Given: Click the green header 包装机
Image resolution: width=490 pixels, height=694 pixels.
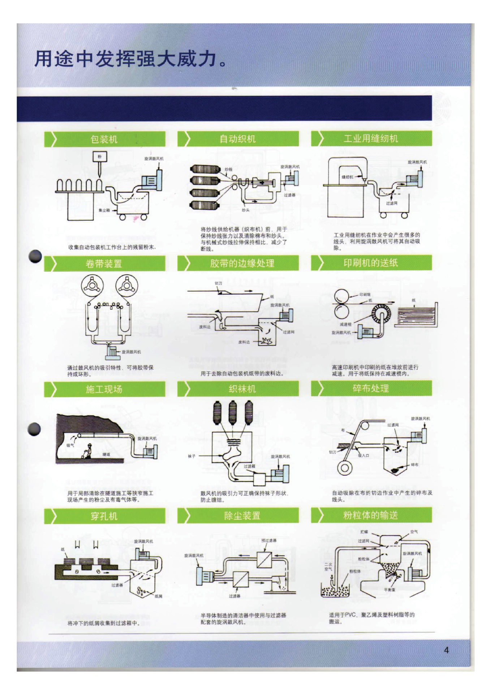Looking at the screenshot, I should pos(104,139).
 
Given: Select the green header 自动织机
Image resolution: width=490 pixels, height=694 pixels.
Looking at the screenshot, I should pos(238,139).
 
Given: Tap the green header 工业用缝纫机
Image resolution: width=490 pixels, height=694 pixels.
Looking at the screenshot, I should pos(371,138).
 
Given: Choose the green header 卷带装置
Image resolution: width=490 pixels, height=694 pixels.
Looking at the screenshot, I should pos(104,264).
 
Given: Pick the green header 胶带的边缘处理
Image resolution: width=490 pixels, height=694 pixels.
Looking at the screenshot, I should pos(238,263).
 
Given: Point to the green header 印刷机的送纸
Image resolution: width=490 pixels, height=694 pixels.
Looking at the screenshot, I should pos(371,263).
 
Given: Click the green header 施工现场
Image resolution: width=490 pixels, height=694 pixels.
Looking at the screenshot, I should pos(104,389).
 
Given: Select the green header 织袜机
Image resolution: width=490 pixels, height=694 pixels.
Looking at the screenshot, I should pos(238,389).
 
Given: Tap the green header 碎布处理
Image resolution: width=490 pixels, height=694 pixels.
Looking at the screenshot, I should pos(371,389).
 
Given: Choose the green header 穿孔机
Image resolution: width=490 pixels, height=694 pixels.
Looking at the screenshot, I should pos(104,516).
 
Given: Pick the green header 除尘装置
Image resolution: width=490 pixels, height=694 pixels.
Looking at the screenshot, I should pos(238,516).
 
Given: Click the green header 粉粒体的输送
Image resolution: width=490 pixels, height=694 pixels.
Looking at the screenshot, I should pos(371,515).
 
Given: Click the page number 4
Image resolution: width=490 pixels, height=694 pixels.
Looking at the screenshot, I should pos(446,650).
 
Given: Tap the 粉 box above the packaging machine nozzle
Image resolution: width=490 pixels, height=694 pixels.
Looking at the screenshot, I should pos(100,157).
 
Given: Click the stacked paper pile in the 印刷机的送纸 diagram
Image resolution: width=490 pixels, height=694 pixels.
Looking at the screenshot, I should pos(416,315).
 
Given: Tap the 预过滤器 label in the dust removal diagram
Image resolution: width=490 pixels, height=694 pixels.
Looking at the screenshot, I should pos(269,540).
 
